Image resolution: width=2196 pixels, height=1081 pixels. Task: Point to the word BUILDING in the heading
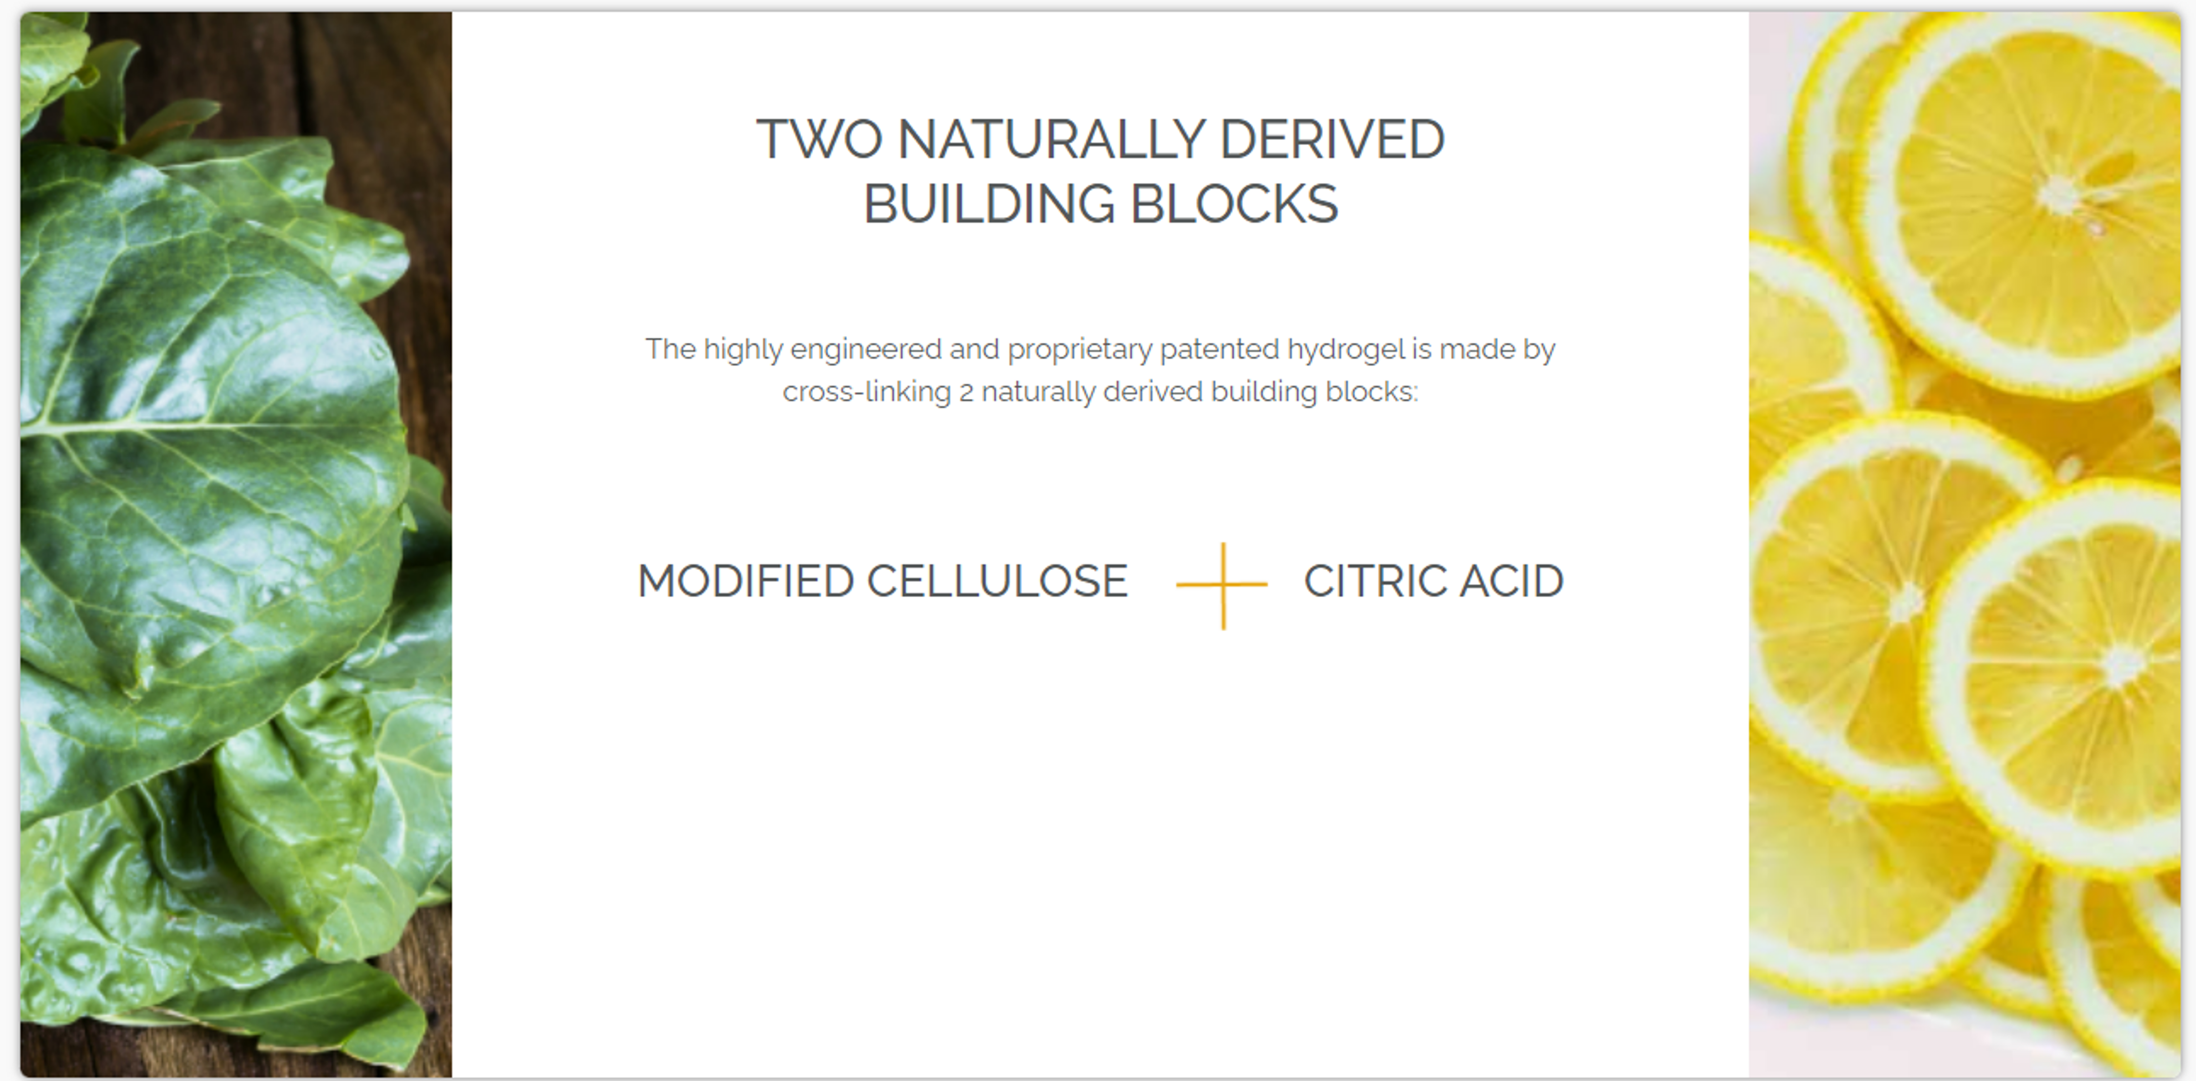(989, 204)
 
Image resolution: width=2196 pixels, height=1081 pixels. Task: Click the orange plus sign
(1222, 585)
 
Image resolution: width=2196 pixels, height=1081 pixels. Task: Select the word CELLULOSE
(998, 581)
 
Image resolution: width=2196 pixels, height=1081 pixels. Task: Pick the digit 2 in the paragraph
(967, 393)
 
